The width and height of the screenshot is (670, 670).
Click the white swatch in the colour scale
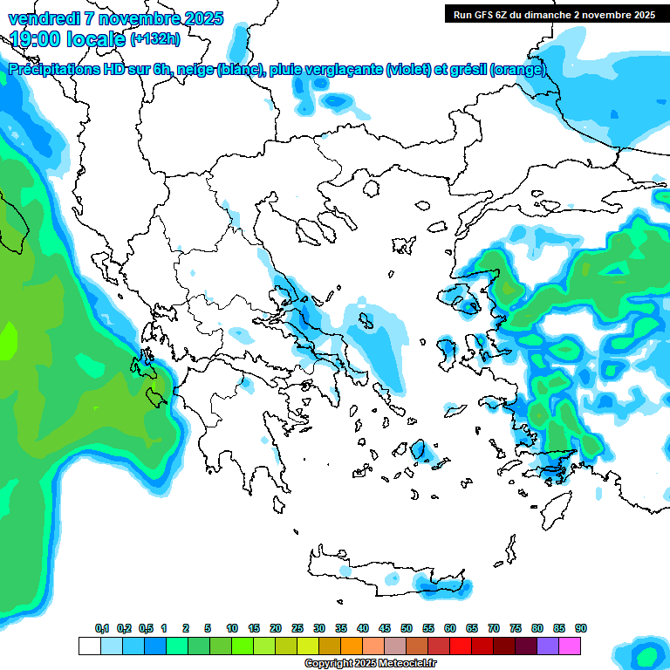coord(89,646)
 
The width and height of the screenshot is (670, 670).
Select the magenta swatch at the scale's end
coord(571,646)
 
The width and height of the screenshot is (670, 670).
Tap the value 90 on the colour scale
coord(581,628)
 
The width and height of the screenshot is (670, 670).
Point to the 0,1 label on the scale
coord(101,628)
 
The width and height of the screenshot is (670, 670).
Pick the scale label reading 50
coord(407,628)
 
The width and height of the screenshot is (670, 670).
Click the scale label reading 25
coord(297,628)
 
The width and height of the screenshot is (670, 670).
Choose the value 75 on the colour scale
coord(516,628)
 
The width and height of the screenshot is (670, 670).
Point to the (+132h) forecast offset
coord(154,38)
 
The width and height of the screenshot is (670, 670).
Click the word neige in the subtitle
coord(192,70)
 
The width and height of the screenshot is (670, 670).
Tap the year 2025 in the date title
coord(201,18)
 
